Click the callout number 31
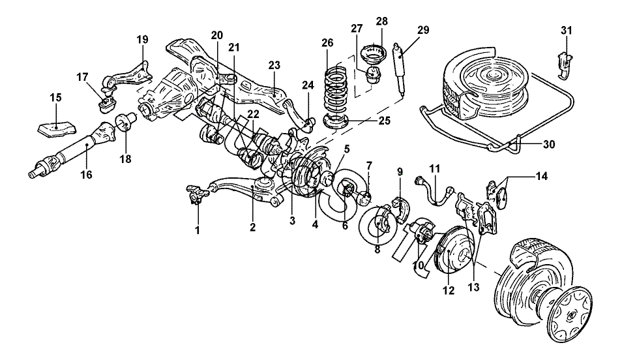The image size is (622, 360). [567, 30]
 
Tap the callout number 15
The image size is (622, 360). [56, 97]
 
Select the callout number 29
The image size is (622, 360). [423, 30]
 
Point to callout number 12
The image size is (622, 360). [449, 290]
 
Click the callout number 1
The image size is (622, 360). [198, 230]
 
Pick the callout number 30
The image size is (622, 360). [548, 145]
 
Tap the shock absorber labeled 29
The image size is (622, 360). [400, 70]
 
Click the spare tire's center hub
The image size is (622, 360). [494, 74]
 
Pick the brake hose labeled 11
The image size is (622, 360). [434, 192]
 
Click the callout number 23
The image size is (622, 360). [274, 65]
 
